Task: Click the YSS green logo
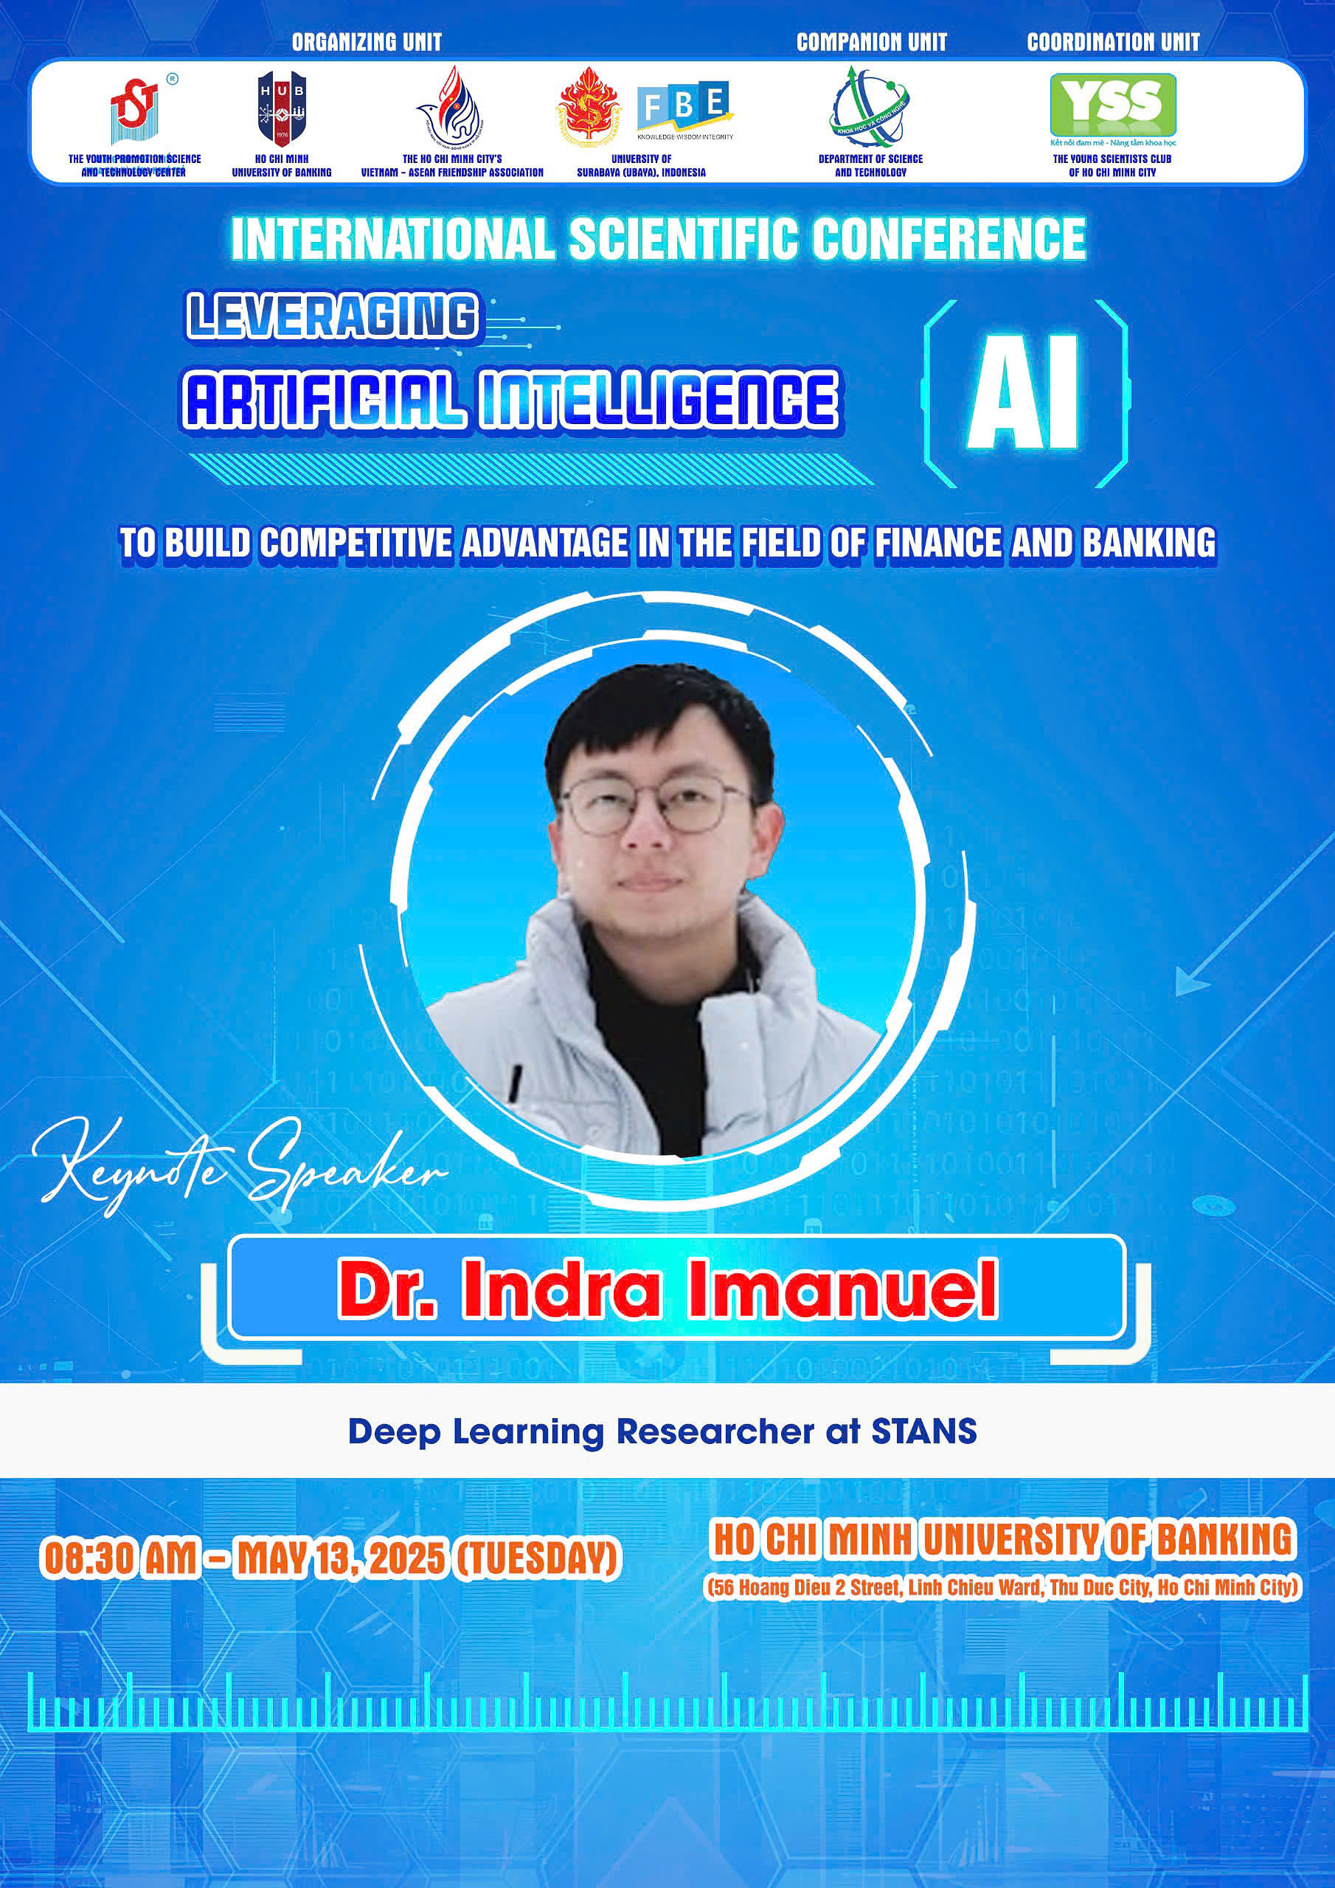[x=1113, y=105]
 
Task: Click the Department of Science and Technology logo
[x=870, y=108]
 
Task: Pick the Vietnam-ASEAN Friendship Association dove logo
[x=449, y=106]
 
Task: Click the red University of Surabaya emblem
[x=589, y=106]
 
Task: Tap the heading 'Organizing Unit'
[x=367, y=42]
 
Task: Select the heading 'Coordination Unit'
[x=1113, y=42]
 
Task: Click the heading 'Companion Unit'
[x=871, y=42]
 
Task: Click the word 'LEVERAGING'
[x=333, y=316]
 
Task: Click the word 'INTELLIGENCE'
[x=659, y=400]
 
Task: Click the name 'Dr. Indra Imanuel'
[x=668, y=1288]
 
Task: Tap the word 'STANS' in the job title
[x=923, y=1431]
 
